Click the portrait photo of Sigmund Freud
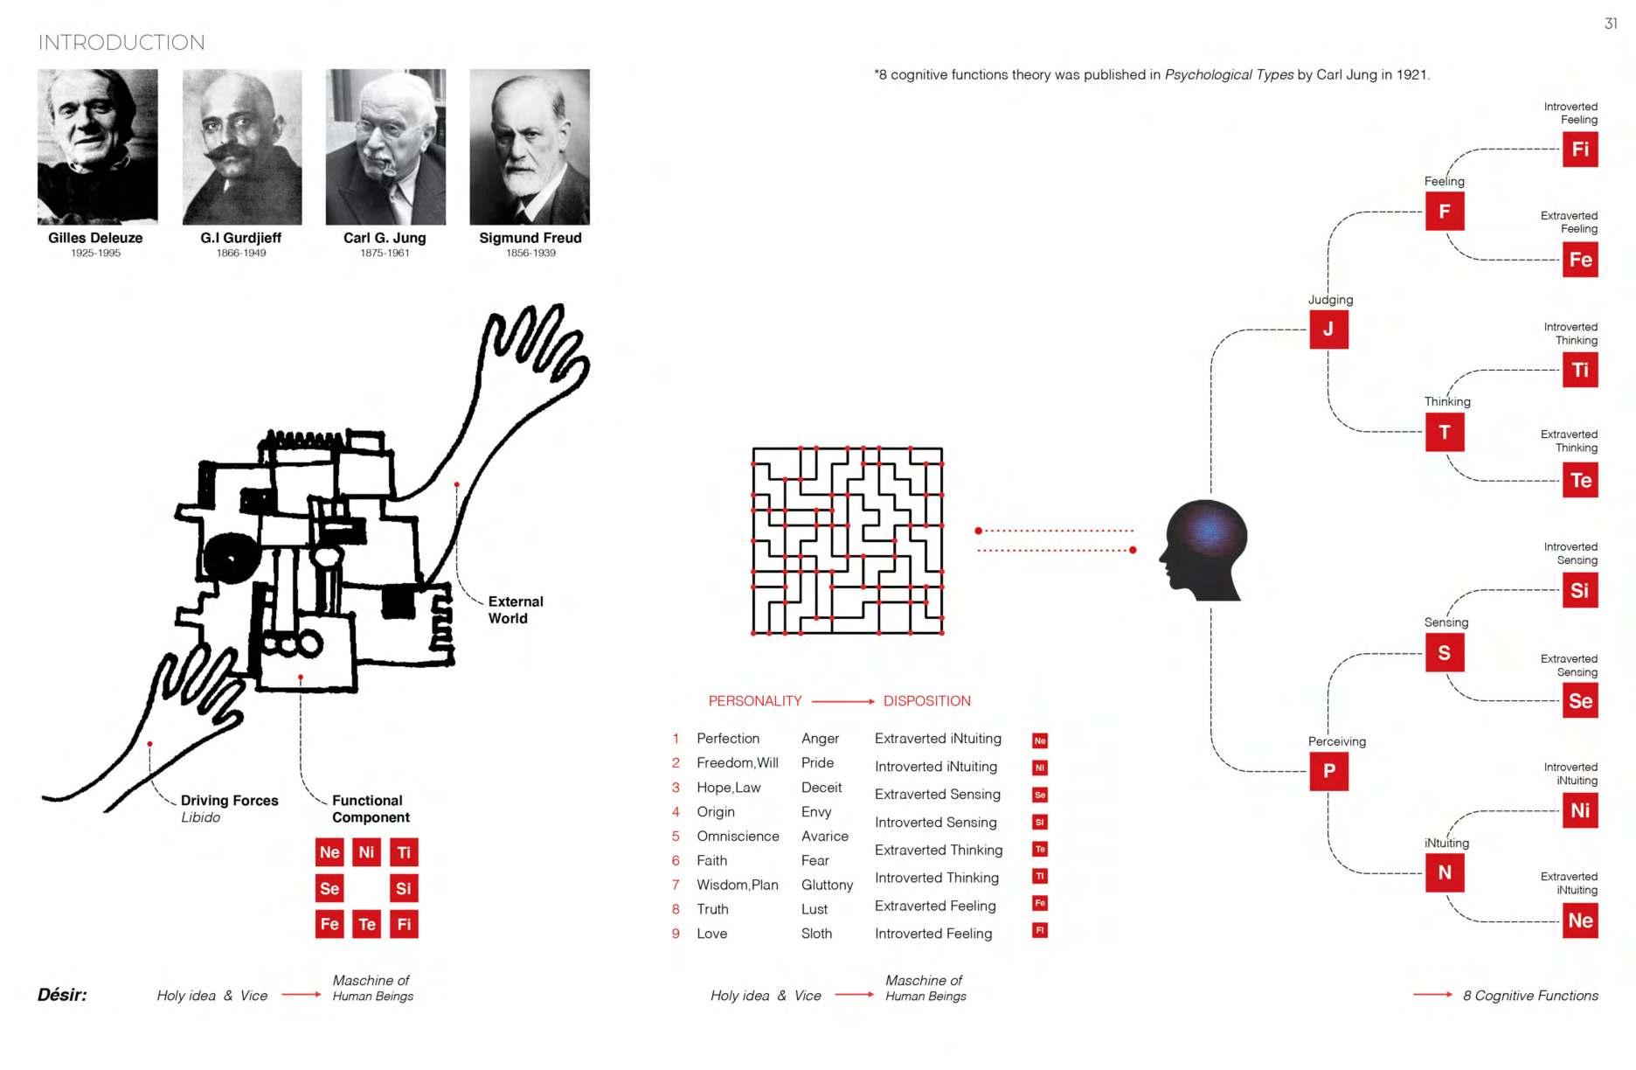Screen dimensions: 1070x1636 point(530,147)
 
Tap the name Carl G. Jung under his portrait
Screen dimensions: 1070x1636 point(385,238)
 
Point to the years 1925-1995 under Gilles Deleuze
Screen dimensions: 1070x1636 point(96,254)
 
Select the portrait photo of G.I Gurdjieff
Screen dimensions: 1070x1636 point(242,147)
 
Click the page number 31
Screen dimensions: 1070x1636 point(1611,24)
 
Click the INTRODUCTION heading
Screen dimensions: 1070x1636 point(121,43)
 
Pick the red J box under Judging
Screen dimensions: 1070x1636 point(1328,330)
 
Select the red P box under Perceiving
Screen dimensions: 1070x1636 point(1328,771)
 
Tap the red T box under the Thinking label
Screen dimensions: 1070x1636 point(1445,432)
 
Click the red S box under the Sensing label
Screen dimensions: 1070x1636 point(1445,652)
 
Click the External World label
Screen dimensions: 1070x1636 point(515,610)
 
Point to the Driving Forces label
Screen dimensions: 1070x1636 point(229,801)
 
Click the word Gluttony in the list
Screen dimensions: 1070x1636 point(827,885)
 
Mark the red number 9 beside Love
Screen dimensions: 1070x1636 point(676,934)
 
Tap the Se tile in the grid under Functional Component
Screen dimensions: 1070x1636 point(329,888)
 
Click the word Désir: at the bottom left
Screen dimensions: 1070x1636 point(62,995)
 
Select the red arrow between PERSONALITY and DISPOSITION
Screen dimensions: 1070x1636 point(842,701)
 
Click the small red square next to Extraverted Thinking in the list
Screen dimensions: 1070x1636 point(1040,849)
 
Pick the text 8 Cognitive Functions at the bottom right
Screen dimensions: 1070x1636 point(1529,996)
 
